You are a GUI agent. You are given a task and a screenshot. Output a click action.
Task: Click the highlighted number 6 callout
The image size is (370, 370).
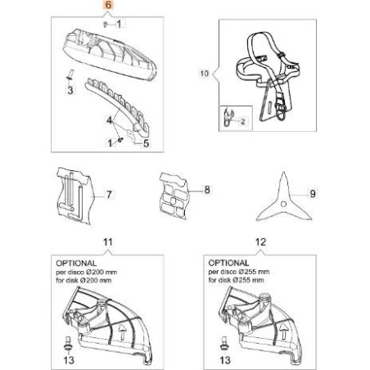104,6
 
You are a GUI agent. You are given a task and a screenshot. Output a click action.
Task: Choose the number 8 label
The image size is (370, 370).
206,189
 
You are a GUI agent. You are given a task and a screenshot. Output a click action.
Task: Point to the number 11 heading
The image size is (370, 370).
104,243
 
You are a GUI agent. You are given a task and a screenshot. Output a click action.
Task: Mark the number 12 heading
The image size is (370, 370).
261,243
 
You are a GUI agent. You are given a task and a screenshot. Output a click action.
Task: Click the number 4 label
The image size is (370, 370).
108,120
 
